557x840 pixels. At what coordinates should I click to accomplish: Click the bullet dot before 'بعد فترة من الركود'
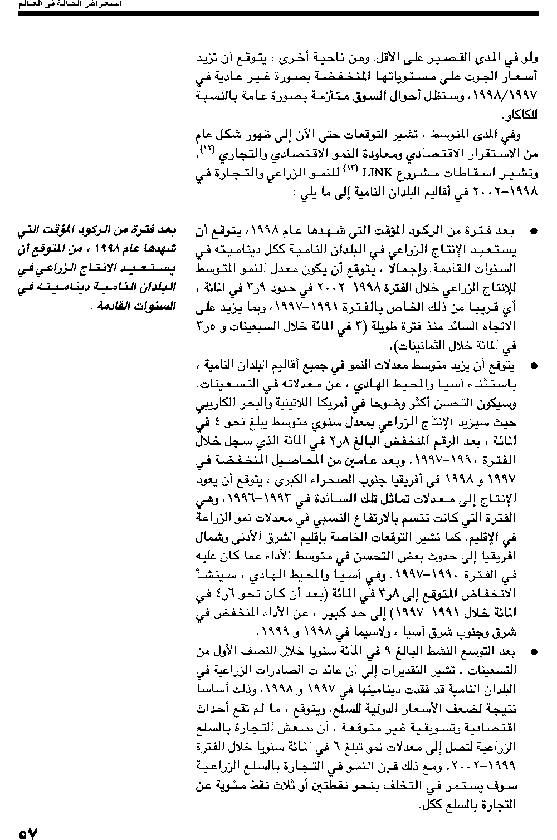point(534,230)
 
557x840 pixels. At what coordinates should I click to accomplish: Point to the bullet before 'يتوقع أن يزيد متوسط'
point(534,366)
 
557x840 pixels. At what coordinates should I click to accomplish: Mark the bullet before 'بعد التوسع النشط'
point(534,651)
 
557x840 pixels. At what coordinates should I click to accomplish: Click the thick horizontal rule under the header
point(278,13)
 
